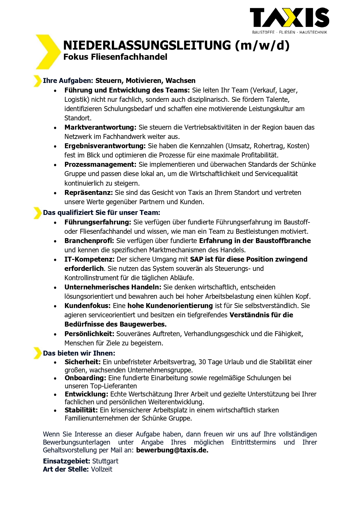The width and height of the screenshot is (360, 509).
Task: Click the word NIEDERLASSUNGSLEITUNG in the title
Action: [x=147, y=45]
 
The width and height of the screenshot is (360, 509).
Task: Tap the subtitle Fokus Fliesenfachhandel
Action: [x=115, y=57]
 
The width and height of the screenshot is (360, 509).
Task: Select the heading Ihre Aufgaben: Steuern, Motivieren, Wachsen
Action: [x=119, y=81]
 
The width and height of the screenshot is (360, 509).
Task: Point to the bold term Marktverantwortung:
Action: [x=100, y=127]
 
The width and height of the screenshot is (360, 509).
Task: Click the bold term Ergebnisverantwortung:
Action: [x=105, y=146]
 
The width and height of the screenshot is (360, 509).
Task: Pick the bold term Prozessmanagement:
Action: [x=100, y=164]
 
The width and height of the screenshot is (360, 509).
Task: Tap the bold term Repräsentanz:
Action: [x=89, y=193]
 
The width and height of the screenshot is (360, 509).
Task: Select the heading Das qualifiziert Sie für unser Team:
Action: [x=101, y=213]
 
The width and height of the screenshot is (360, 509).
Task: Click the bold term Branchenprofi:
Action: [x=89, y=241]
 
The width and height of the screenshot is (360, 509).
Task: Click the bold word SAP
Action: [x=197, y=259]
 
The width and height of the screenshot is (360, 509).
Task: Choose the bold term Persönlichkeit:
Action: [x=89, y=334]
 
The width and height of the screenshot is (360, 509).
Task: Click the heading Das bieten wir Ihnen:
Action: [x=79, y=353]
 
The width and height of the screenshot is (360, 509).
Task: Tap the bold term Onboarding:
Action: [x=85, y=378]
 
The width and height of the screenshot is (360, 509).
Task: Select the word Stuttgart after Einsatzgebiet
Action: [x=105, y=461]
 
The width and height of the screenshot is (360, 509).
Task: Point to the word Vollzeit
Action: [x=102, y=469]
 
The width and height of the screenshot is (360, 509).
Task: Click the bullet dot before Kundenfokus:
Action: [x=55, y=306]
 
